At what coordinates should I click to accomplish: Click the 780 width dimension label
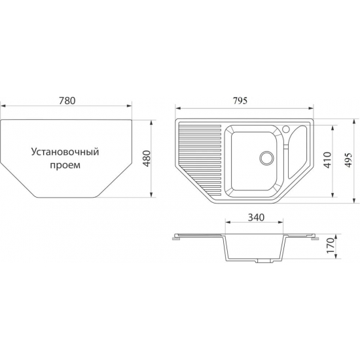coord(67,101)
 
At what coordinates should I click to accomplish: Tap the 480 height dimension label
coord(147,158)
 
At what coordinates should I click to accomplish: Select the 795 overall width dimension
coord(240,101)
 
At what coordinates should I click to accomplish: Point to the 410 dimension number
coord(327,160)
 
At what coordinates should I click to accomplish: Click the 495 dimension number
coord(348,160)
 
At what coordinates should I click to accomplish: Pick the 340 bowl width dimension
coord(256,217)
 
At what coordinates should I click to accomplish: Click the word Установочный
coord(65,153)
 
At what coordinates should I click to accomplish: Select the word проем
coord(65,166)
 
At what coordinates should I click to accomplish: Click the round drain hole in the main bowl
coord(266,158)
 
